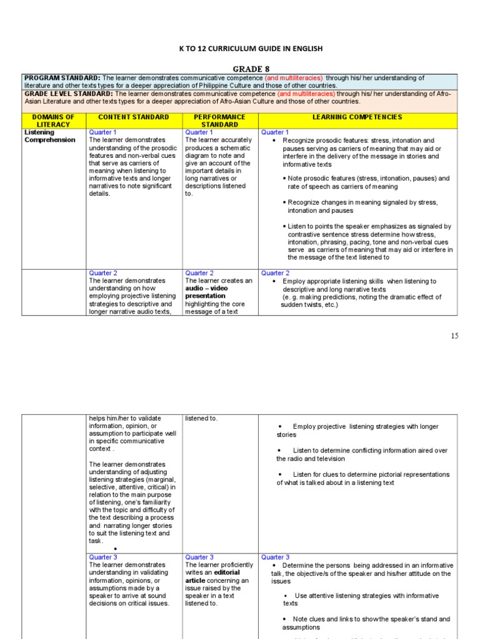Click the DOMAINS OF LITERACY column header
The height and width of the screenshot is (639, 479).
point(53,120)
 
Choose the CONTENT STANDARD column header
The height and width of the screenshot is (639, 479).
point(133,117)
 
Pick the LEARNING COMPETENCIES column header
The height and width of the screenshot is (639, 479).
point(357,117)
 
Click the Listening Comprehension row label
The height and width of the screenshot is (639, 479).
point(50,136)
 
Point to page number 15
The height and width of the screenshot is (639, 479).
point(454,336)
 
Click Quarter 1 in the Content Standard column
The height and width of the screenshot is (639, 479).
point(102,132)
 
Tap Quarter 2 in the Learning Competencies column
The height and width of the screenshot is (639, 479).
point(275,273)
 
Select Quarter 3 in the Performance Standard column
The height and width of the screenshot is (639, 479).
point(199,557)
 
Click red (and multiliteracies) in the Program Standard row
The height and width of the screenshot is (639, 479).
point(294,78)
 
